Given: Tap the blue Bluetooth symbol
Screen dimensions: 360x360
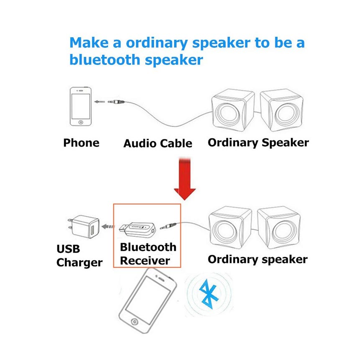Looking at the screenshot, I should (x=208, y=295).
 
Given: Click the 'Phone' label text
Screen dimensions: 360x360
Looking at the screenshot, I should (x=81, y=143).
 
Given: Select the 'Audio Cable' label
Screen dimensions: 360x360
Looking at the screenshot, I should (x=157, y=144).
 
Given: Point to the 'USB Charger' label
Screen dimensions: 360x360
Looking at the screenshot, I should (x=79, y=256).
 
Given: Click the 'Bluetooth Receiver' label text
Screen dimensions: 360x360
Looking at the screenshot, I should (x=148, y=254).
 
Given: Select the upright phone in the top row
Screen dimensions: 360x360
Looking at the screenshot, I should (x=80, y=107).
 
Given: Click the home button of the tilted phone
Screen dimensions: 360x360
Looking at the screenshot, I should (x=134, y=321).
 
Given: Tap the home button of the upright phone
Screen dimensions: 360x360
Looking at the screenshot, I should (x=80, y=123).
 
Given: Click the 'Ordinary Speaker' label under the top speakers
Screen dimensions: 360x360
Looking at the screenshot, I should (x=258, y=142).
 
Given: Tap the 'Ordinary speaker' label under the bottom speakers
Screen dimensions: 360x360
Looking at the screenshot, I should (x=257, y=259).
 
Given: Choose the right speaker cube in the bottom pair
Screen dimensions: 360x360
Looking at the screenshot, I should (x=279, y=229).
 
